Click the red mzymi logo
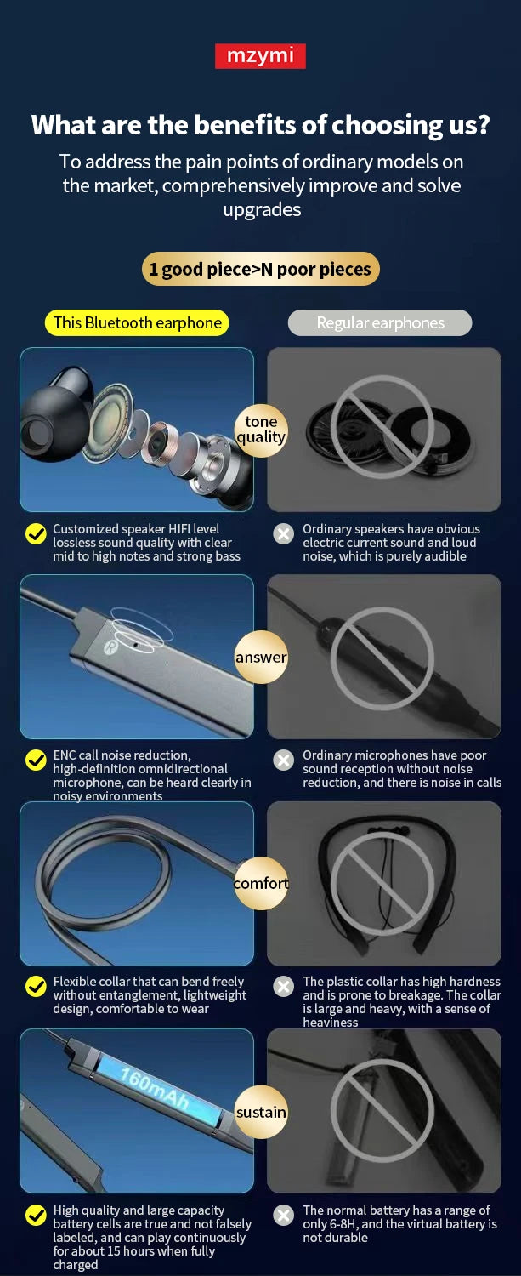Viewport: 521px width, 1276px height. (x=260, y=56)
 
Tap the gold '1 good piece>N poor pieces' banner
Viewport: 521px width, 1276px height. (x=260, y=269)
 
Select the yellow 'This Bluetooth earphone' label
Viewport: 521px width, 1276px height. (x=137, y=323)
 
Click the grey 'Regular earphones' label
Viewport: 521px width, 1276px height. (x=380, y=323)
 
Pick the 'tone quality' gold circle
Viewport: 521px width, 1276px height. (x=262, y=430)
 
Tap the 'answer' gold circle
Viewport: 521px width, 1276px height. (x=262, y=657)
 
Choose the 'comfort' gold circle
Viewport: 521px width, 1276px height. (x=262, y=883)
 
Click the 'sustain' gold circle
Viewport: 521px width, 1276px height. (x=262, y=1111)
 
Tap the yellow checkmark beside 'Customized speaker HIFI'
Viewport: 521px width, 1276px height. (x=36, y=533)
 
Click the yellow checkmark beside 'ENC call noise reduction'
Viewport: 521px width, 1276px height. (x=36, y=760)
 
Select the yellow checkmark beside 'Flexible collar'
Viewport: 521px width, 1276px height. (x=36, y=986)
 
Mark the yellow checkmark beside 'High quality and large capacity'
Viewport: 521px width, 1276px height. (x=36, y=1215)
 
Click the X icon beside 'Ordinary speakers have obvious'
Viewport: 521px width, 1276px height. (x=284, y=533)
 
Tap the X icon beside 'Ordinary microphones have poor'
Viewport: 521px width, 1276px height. (x=284, y=760)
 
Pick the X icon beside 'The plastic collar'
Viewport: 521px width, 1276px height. (x=284, y=986)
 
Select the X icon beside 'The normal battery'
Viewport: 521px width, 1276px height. (x=284, y=1215)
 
